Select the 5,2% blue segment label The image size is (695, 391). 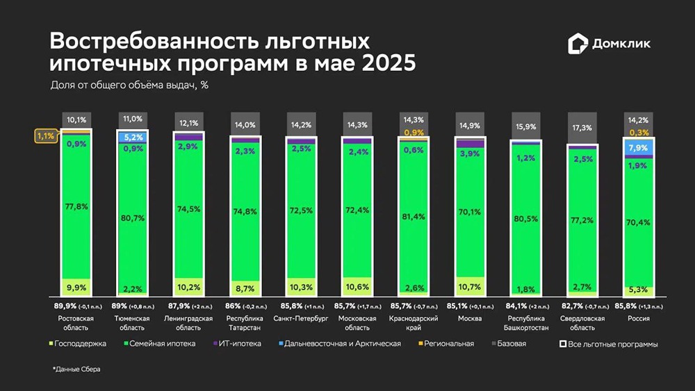[x=132, y=138]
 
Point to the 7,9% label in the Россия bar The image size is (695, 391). [x=637, y=147]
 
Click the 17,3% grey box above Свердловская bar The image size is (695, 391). [x=582, y=128]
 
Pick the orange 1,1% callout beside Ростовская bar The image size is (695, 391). [x=45, y=136]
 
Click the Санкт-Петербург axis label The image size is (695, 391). [x=300, y=319]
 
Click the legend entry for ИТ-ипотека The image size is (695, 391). [x=238, y=343]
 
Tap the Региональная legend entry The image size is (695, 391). [x=447, y=343]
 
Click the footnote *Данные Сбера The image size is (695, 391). [x=76, y=369]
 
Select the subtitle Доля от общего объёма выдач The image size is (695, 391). [x=130, y=85]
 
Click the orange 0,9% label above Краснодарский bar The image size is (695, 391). [x=414, y=132]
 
